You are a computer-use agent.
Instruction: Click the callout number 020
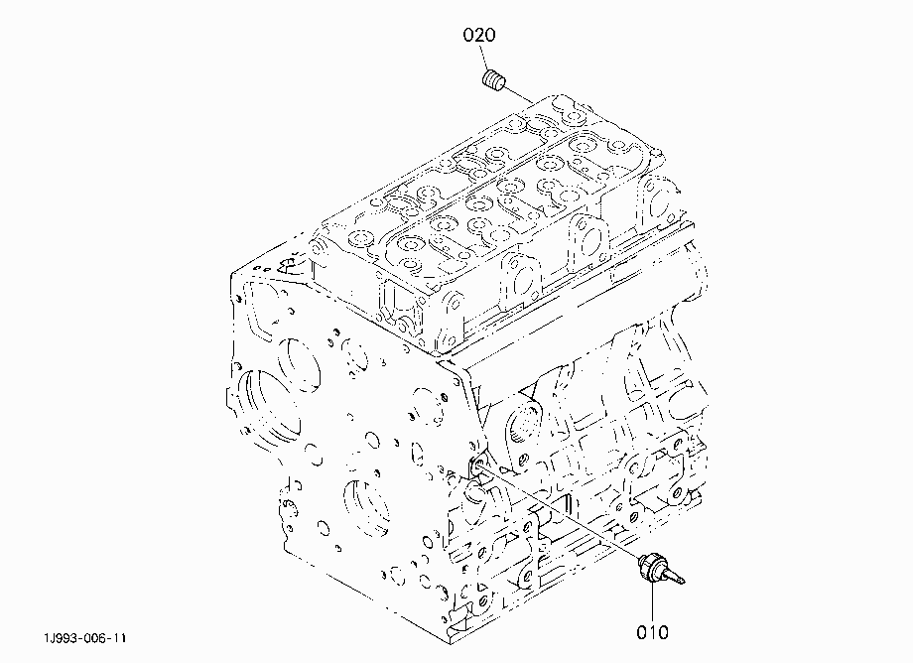tap(479, 35)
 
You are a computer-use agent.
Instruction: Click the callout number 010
tap(652, 632)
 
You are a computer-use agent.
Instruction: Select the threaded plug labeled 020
tap(494, 79)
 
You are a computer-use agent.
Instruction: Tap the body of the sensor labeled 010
tap(652, 566)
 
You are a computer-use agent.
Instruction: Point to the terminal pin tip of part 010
tap(684, 581)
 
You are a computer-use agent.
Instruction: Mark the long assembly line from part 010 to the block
tap(559, 510)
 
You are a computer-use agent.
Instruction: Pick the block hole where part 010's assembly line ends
tap(477, 463)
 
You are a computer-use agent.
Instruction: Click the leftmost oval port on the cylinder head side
tap(522, 281)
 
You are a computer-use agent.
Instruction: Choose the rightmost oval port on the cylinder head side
tap(657, 200)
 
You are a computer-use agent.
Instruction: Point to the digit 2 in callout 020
tap(479, 35)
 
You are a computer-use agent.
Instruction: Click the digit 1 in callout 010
tap(652, 632)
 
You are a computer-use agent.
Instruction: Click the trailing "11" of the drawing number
tap(118, 638)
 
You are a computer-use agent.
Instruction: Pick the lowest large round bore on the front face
tap(365, 507)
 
